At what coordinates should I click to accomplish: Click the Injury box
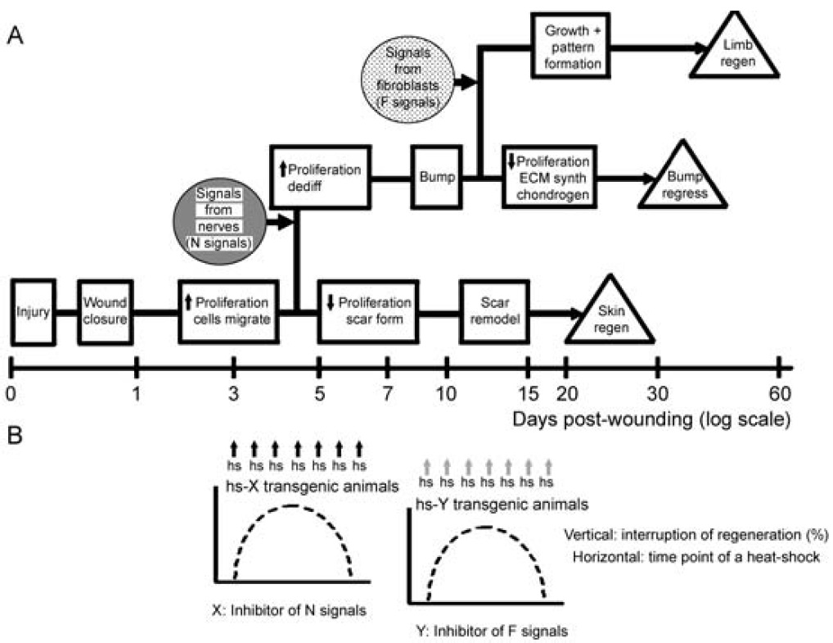pos(32,312)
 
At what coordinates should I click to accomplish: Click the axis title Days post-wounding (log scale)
pos(651,420)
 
